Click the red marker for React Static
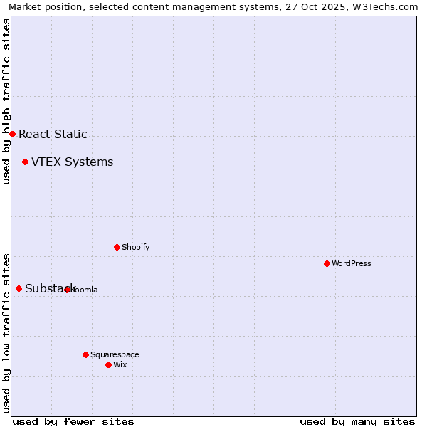[x=12, y=134]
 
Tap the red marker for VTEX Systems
[x=25, y=162]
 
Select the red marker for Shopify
[x=117, y=247]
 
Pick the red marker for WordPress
[x=327, y=263]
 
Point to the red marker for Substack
[x=19, y=288]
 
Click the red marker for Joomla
[x=67, y=290]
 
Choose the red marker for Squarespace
[x=85, y=354]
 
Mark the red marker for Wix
[x=108, y=364]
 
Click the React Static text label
[x=53, y=134]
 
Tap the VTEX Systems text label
[x=72, y=162]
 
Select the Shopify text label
[x=135, y=247]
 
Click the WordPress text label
[x=351, y=263]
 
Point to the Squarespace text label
[x=115, y=354]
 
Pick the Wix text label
[x=120, y=364]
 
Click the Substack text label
[x=50, y=288]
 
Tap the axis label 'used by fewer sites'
[x=73, y=421]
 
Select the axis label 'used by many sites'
[x=357, y=421]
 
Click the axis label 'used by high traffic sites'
[x=6, y=101]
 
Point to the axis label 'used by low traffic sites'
[x=6, y=333]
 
